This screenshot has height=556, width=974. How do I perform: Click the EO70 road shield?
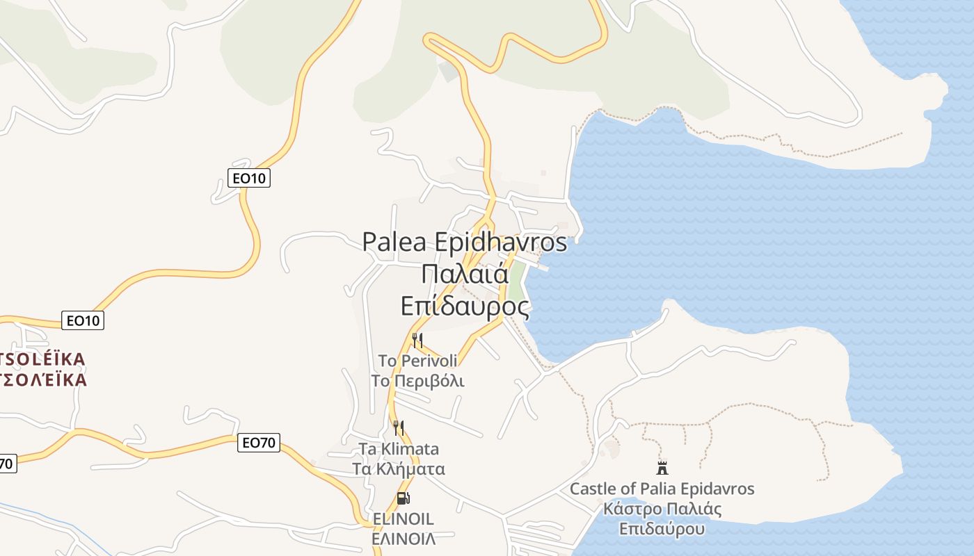[x=259, y=443]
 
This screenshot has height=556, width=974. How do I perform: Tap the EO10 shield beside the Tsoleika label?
[x=83, y=320]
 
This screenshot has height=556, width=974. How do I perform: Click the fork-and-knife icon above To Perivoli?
[x=417, y=340]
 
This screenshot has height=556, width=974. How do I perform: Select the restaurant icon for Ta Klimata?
[x=399, y=427]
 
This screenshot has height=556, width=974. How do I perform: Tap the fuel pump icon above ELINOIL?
[x=403, y=498]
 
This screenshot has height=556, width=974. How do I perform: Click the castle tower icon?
[x=662, y=467]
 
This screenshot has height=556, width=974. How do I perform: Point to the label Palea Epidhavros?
[x=465, y=243]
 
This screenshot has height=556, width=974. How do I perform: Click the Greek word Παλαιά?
[x=465, y=273]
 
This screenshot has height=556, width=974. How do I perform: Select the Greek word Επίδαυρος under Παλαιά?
[x=465, y=305]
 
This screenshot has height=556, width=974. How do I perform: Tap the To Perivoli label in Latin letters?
[x=417, y=361]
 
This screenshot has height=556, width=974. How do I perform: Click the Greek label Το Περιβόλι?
[x=417, y=381]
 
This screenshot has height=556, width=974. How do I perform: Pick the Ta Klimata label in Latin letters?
[x=399, y=449]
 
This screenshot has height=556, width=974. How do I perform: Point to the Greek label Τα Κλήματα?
[x=399, y=468]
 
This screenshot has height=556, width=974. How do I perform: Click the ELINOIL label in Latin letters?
[x=404, y=519]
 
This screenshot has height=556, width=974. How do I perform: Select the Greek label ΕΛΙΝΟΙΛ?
[x=404, y=539]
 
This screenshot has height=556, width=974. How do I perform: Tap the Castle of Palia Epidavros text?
[x=662, y=489]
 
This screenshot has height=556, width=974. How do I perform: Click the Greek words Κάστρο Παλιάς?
[x=662, y=509]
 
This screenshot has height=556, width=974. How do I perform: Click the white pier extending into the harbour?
[x=538, y=265]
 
